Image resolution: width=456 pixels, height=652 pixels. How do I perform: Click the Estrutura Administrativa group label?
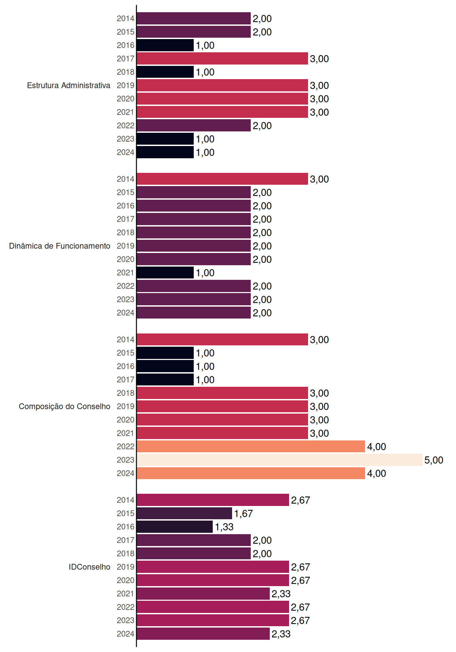[x=69, y=85]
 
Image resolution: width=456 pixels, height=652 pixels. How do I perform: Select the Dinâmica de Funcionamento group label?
[x=60, y=246]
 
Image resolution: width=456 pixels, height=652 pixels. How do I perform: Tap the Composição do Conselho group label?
[x=64, y=406]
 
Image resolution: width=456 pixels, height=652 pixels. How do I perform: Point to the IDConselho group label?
[x=90, y=567]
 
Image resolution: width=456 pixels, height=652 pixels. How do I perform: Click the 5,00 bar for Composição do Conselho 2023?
[x=280, y=460]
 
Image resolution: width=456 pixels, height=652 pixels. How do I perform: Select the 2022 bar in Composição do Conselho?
[x=251, y=447]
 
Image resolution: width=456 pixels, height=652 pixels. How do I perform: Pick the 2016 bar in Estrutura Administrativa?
[x=165, y=45]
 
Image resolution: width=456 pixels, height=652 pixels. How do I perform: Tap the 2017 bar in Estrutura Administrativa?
[x=223, y=58]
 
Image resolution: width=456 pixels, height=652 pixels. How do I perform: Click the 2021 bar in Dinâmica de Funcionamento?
[x=165, y=273]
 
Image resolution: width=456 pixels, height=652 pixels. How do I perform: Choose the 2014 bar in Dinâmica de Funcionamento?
[x=223, y=179]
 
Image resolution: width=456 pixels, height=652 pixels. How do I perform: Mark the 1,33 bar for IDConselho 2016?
[x=175, y=527]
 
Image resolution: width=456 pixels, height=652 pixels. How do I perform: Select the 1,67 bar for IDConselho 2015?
[x=185, y=513]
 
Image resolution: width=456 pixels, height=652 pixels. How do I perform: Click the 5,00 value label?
[x=434, y=460]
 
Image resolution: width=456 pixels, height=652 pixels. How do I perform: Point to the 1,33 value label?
[x=224, y=527]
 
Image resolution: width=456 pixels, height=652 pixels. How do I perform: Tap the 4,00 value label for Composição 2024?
[x=377, y=473]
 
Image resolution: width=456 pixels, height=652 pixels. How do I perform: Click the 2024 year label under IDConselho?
[x=126, y=634]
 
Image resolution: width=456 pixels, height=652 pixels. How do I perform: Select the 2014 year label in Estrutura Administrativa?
[x=126, y=19]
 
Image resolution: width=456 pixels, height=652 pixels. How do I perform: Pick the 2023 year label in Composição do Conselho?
[x=126, y=460]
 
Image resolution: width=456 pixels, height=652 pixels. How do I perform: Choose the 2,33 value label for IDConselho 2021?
[x=281, y=594]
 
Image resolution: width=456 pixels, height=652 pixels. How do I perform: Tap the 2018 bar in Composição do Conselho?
[x=223, y=393]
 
